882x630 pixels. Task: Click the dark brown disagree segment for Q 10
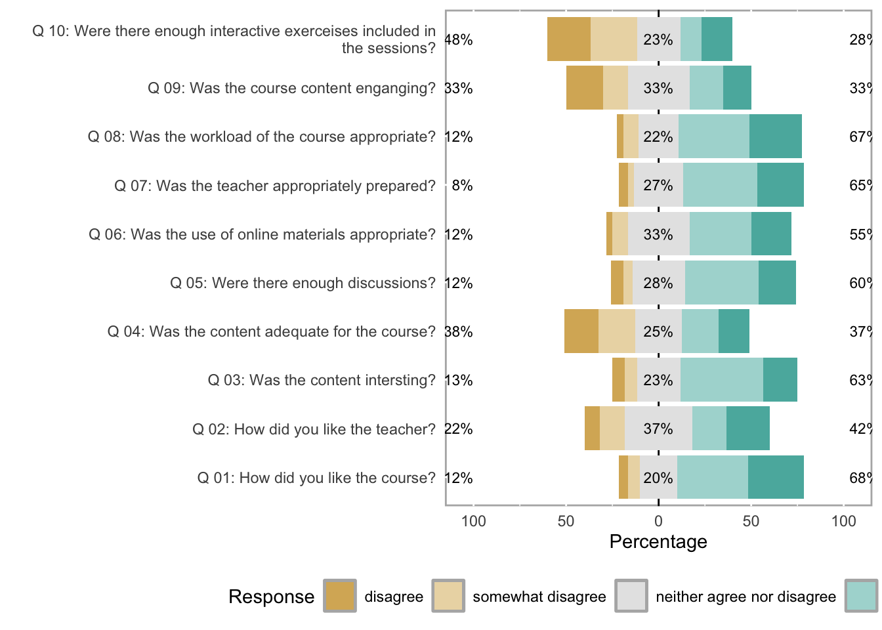point(568,39)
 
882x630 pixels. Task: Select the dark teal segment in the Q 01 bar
point(776,477)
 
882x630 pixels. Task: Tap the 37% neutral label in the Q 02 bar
point(658,429)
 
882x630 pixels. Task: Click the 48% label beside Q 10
point(459,40)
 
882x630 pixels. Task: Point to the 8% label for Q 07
point(462,186)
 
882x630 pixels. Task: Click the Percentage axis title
point(658,541)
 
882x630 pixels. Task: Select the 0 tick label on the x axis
point(658,521)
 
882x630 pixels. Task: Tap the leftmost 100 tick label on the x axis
point(474,521)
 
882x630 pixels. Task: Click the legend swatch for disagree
point(340,596)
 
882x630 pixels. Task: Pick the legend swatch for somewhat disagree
point(448,596)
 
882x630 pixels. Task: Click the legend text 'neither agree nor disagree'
point(745,597)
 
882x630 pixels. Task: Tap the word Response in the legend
point(271,597)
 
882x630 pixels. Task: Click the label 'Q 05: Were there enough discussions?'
point(303,283)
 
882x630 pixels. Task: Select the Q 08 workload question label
point(262,136)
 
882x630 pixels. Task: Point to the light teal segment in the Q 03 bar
point(721,380)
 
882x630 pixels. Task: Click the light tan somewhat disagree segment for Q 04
point(616,331)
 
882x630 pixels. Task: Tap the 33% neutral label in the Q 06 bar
point(658,234)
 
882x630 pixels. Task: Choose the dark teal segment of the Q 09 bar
point(737,88)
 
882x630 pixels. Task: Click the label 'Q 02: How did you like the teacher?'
point(314,429)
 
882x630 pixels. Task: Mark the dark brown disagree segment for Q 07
point(623,186)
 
